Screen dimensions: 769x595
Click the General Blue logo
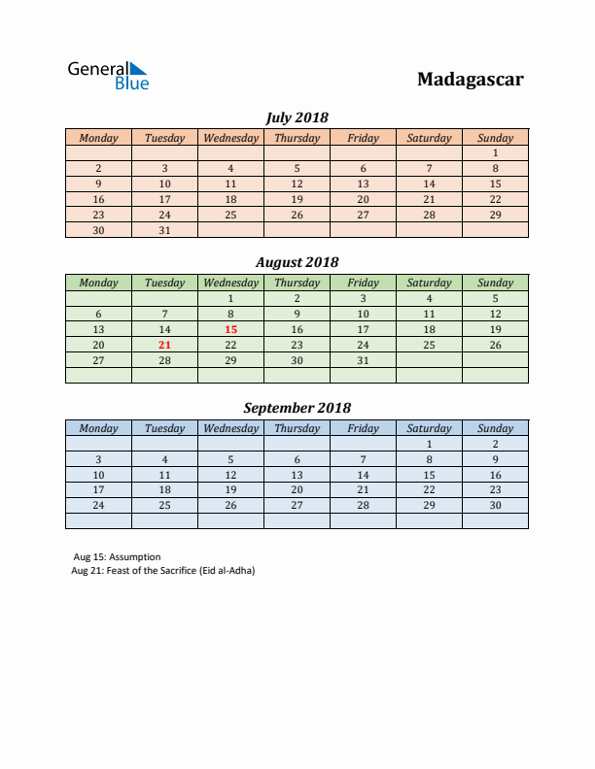(x=107, y=75)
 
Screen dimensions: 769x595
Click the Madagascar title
(x=470, y=80)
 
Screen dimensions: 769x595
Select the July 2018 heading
(x=297, y=117)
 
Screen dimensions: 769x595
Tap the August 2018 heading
(x=297, y=262)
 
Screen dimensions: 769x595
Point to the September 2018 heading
(x=297, y=408)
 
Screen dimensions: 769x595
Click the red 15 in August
(x=230, y=329)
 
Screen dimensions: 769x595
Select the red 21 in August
(x=164, y=345)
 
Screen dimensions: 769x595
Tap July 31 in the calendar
(x=164, y=230)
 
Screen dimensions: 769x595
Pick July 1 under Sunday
(x=495, y=152)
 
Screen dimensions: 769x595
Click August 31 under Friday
(x=363, y=360)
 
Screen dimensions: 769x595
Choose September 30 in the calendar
(x=495, y=505)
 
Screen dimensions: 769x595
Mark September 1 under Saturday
(x=429, y=444)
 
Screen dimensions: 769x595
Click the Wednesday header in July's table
(x=230, y=138)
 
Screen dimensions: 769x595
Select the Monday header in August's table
(x=98, y=283)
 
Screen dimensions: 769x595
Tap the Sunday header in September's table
(x=495, y=428)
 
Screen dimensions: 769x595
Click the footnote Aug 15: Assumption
(x=117, y=557)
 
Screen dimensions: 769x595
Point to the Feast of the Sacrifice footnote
(x=162, y=570)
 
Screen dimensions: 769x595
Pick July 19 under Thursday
(x=297, y=199)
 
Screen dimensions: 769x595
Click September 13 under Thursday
(x=297, y=475)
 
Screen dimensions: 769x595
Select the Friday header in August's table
(x=363, y=283)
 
